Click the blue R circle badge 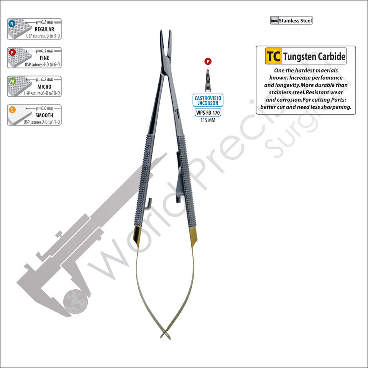[x=12, y=24]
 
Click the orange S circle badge [x=12, y=110]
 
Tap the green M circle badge [x=12, y=81]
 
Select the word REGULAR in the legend [x=44, y=29]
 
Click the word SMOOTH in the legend [x=44, y=115]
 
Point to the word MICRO [x=44, y=87]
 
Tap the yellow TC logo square [x=273, y=56]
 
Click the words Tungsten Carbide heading [x=314, y=57]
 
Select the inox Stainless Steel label [x=291, y=21]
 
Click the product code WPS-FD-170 [x=208, y=113]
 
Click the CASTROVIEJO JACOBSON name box [x=208, y=101]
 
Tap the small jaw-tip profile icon [x=208, y=81]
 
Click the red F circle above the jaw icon [x=208, y=61]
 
